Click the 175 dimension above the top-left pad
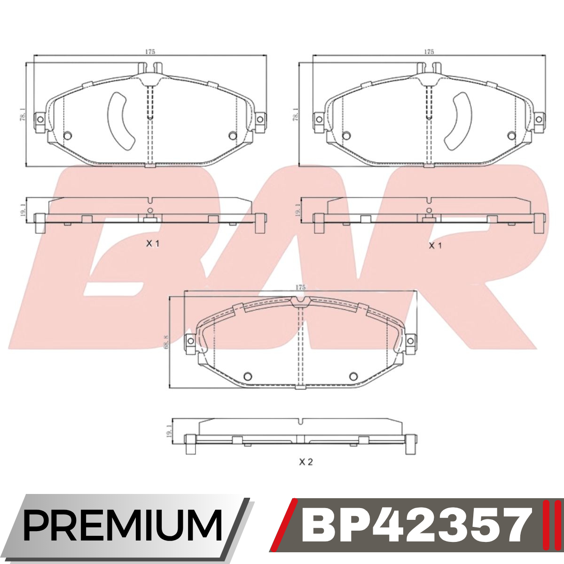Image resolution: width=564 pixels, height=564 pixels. [150, 52]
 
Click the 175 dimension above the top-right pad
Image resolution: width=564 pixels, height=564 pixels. [429, 52]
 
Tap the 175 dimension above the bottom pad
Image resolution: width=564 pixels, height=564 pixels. [300, 288]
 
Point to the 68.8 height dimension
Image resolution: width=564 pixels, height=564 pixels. [166, 341]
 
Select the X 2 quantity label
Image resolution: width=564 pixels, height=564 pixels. [306, 462]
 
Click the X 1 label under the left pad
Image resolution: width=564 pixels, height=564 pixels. [153, 243]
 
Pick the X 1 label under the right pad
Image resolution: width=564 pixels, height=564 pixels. [435, 245]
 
